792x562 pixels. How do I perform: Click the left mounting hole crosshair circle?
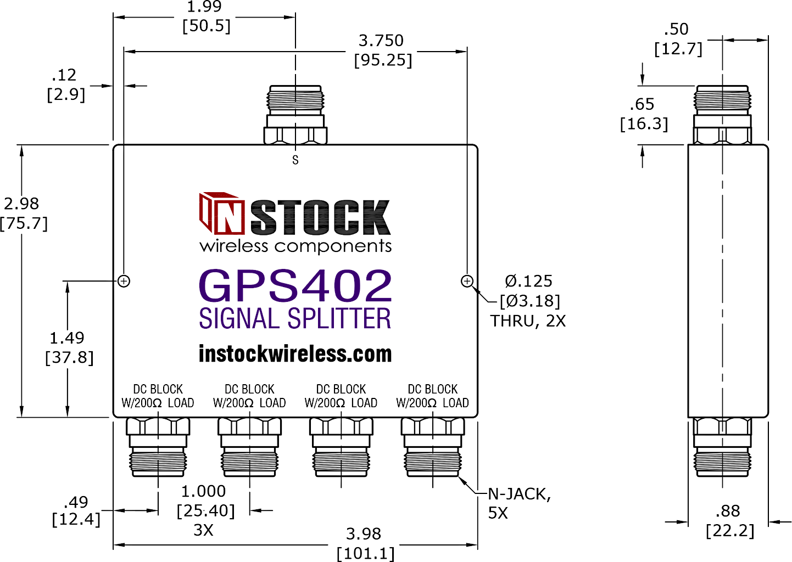(124, 281)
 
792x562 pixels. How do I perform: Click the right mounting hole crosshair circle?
(467, 281)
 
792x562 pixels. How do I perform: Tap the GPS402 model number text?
(295, 285)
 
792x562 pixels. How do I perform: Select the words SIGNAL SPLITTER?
(295, 319)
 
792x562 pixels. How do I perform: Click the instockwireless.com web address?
(295, 354)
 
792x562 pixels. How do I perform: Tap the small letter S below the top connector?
(295, 160)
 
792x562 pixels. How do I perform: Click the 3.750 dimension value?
(381, 41)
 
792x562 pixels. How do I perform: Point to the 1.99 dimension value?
(204, 7)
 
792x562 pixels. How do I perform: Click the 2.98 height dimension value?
(22, 204)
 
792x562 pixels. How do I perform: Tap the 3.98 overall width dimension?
(364, 533)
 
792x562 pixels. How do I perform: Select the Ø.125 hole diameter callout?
(528, 281)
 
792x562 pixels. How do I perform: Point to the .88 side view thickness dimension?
(728, 511)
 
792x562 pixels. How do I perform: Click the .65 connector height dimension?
(642, 104)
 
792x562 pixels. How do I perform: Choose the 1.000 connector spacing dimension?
(204, 491)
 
